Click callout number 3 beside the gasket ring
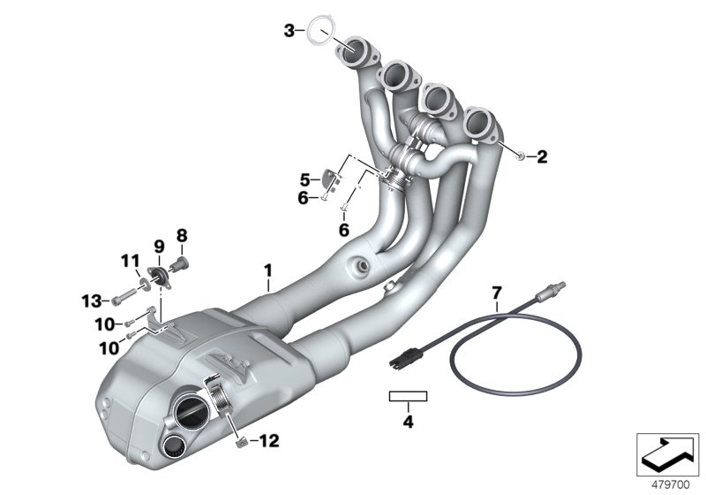click(x=289, y=31)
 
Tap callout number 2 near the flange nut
click(x=542, y=158)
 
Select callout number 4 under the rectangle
click(x=408, y=422)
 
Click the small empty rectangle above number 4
click(x=408, y=397)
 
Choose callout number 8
click(x=182, y=235)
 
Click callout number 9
click(x=159, y=243)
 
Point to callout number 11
click(x=131, y=261)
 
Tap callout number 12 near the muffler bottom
click(x=269, y=439)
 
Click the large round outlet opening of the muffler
click(x=192, y=412)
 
